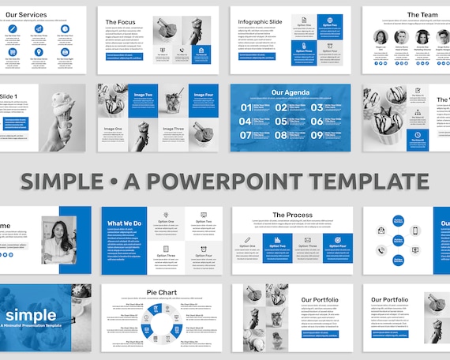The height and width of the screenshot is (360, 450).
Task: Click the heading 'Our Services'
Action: tap(25, 14)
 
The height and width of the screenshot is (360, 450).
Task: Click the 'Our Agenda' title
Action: tap(289, 92)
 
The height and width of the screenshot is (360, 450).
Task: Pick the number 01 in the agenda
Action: tap(246, 107)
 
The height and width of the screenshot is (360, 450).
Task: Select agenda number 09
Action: tap(317, 135)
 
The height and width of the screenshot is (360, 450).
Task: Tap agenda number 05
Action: tap(282, 122)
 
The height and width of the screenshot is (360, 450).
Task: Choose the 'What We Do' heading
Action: tap(125, 223)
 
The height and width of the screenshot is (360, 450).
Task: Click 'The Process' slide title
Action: tap(292, 215)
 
